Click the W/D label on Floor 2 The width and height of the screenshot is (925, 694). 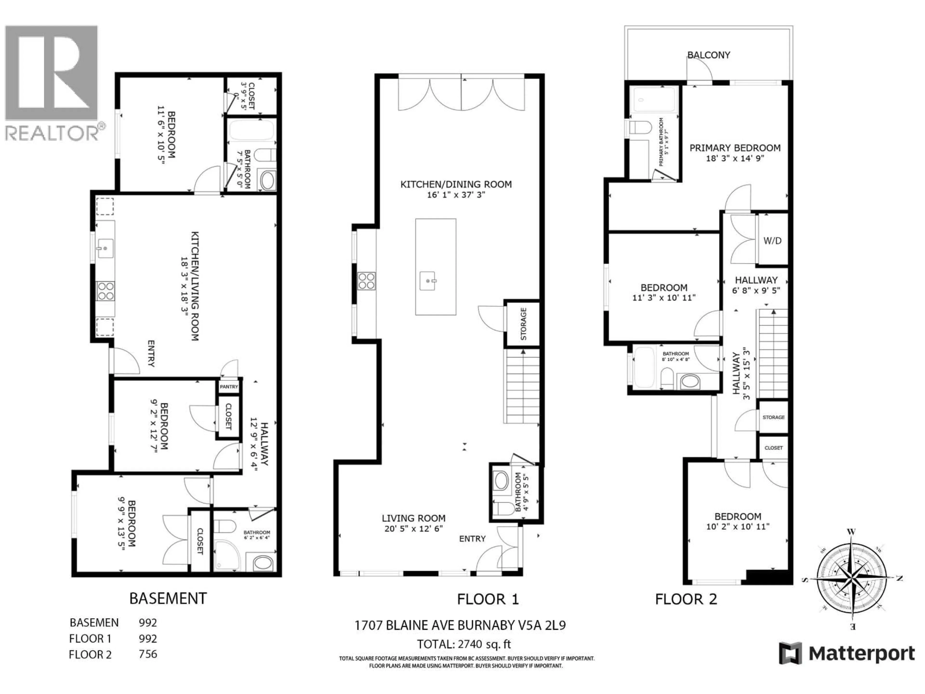[772, 241]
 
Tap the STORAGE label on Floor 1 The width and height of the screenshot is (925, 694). [523, 324]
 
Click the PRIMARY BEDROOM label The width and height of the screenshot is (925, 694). [735, 148]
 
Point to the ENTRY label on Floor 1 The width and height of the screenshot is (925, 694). [472, 539]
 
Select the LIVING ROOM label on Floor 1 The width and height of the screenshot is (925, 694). [413, 518]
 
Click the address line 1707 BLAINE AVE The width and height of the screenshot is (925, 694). [460, 625]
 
